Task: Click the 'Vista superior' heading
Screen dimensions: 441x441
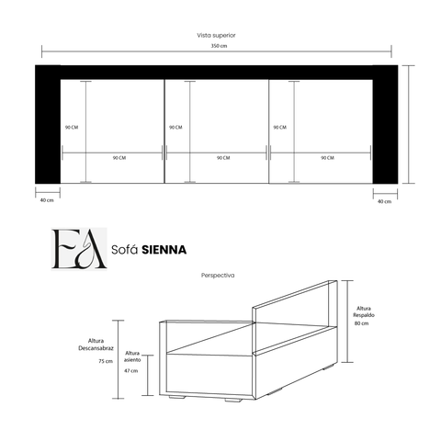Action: [216, 36]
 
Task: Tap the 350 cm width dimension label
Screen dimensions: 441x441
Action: [219, 46]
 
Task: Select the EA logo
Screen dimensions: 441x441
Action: [79, 249]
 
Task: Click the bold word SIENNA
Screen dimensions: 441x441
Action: [164, 250]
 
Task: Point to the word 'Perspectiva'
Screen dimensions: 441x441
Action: [218, 276]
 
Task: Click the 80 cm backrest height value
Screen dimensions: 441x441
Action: [362, 323]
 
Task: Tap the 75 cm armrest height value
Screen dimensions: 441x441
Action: [106, 361]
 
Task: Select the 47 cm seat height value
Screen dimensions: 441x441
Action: [131, 371]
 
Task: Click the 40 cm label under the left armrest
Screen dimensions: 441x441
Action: [47, 200]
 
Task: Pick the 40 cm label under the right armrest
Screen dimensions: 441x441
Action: [384, 201]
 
